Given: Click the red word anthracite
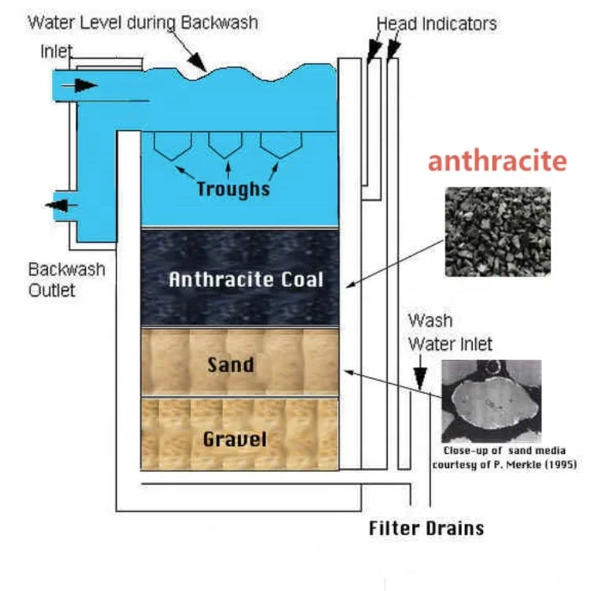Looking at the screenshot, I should [x=497, y=161].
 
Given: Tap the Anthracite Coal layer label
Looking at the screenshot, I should [x=246, y=279].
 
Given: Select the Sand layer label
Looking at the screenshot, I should [x=231, y=364].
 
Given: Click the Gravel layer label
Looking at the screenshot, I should [x=236, y=438].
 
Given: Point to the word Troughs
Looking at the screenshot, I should [x=232, y=189].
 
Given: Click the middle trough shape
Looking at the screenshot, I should [x=225, y=144].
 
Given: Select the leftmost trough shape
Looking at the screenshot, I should [x=170, y=144].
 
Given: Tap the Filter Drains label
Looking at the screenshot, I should [x=426, y=527].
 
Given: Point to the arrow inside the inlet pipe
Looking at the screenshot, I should [x=87, y=84].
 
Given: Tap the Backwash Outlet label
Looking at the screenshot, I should [x=67, y=279].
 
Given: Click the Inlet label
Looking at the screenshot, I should [x=56, y=52].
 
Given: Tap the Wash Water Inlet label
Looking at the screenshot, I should [x=449, y=333].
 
